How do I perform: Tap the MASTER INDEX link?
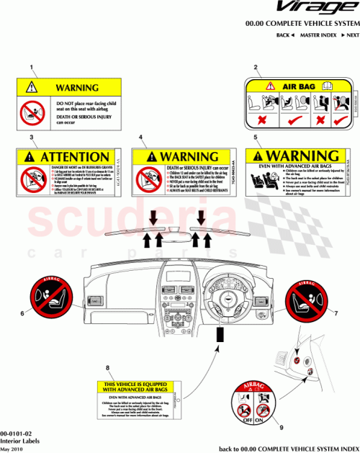coord(317,35)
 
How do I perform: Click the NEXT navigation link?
coord(350,35)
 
